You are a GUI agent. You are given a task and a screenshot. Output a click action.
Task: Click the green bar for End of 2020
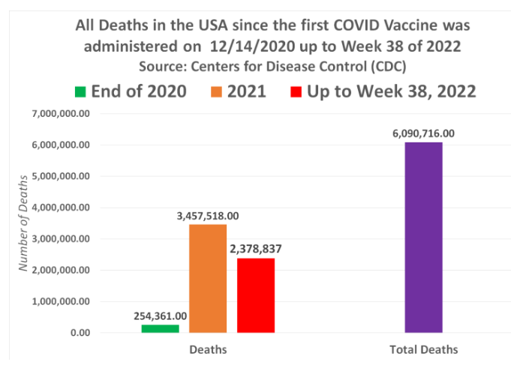point(160,328)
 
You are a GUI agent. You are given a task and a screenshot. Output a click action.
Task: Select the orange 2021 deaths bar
point(208,278)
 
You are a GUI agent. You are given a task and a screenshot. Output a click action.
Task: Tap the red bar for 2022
point(256,295)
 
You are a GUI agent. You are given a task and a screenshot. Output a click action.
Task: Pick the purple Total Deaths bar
point(423,237)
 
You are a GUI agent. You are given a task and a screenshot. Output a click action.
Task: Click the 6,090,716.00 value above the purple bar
point(423,133)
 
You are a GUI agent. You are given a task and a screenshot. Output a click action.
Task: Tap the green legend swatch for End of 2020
point(80,92)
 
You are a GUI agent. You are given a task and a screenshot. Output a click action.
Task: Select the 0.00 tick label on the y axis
point(80,333)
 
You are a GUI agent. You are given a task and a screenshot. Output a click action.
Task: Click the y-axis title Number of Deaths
point(23,223)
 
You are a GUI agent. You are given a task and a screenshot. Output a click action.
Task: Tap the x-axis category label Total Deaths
point(423,350)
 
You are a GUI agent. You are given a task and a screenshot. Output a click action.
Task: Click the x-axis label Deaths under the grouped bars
point(208,350)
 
